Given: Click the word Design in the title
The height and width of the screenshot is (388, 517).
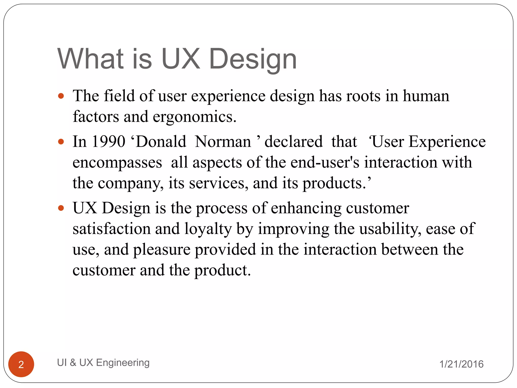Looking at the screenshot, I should pos(253,59).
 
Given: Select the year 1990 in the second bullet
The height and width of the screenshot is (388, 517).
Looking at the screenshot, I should pos(108,141).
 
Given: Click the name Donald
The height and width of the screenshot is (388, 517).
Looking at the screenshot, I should pos(161,141).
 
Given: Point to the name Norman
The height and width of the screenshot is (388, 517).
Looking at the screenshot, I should pos(223,141).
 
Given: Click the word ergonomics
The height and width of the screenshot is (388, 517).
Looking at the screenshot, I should pos(194,117).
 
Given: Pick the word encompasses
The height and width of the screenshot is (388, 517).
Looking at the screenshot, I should pos(117,162).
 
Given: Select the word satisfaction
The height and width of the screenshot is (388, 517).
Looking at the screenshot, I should pos(112,229).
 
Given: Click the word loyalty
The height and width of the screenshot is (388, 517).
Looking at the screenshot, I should pos(208,229).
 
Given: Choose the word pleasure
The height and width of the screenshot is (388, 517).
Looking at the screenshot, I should pos(162,250).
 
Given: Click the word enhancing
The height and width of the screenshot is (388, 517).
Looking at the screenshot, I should pos(306,208).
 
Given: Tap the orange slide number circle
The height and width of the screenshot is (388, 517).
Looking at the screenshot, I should pos(21,364).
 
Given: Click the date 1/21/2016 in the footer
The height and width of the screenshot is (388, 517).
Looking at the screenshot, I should pos(461,364).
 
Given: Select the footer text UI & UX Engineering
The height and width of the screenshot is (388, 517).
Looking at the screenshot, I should pos(103,362).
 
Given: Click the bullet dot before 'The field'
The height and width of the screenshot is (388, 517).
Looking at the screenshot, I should pos(61,96).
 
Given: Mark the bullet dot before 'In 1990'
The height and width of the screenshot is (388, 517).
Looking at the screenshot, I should pos(61,141).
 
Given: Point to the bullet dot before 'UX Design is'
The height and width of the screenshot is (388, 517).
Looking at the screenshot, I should pos(61,208).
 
